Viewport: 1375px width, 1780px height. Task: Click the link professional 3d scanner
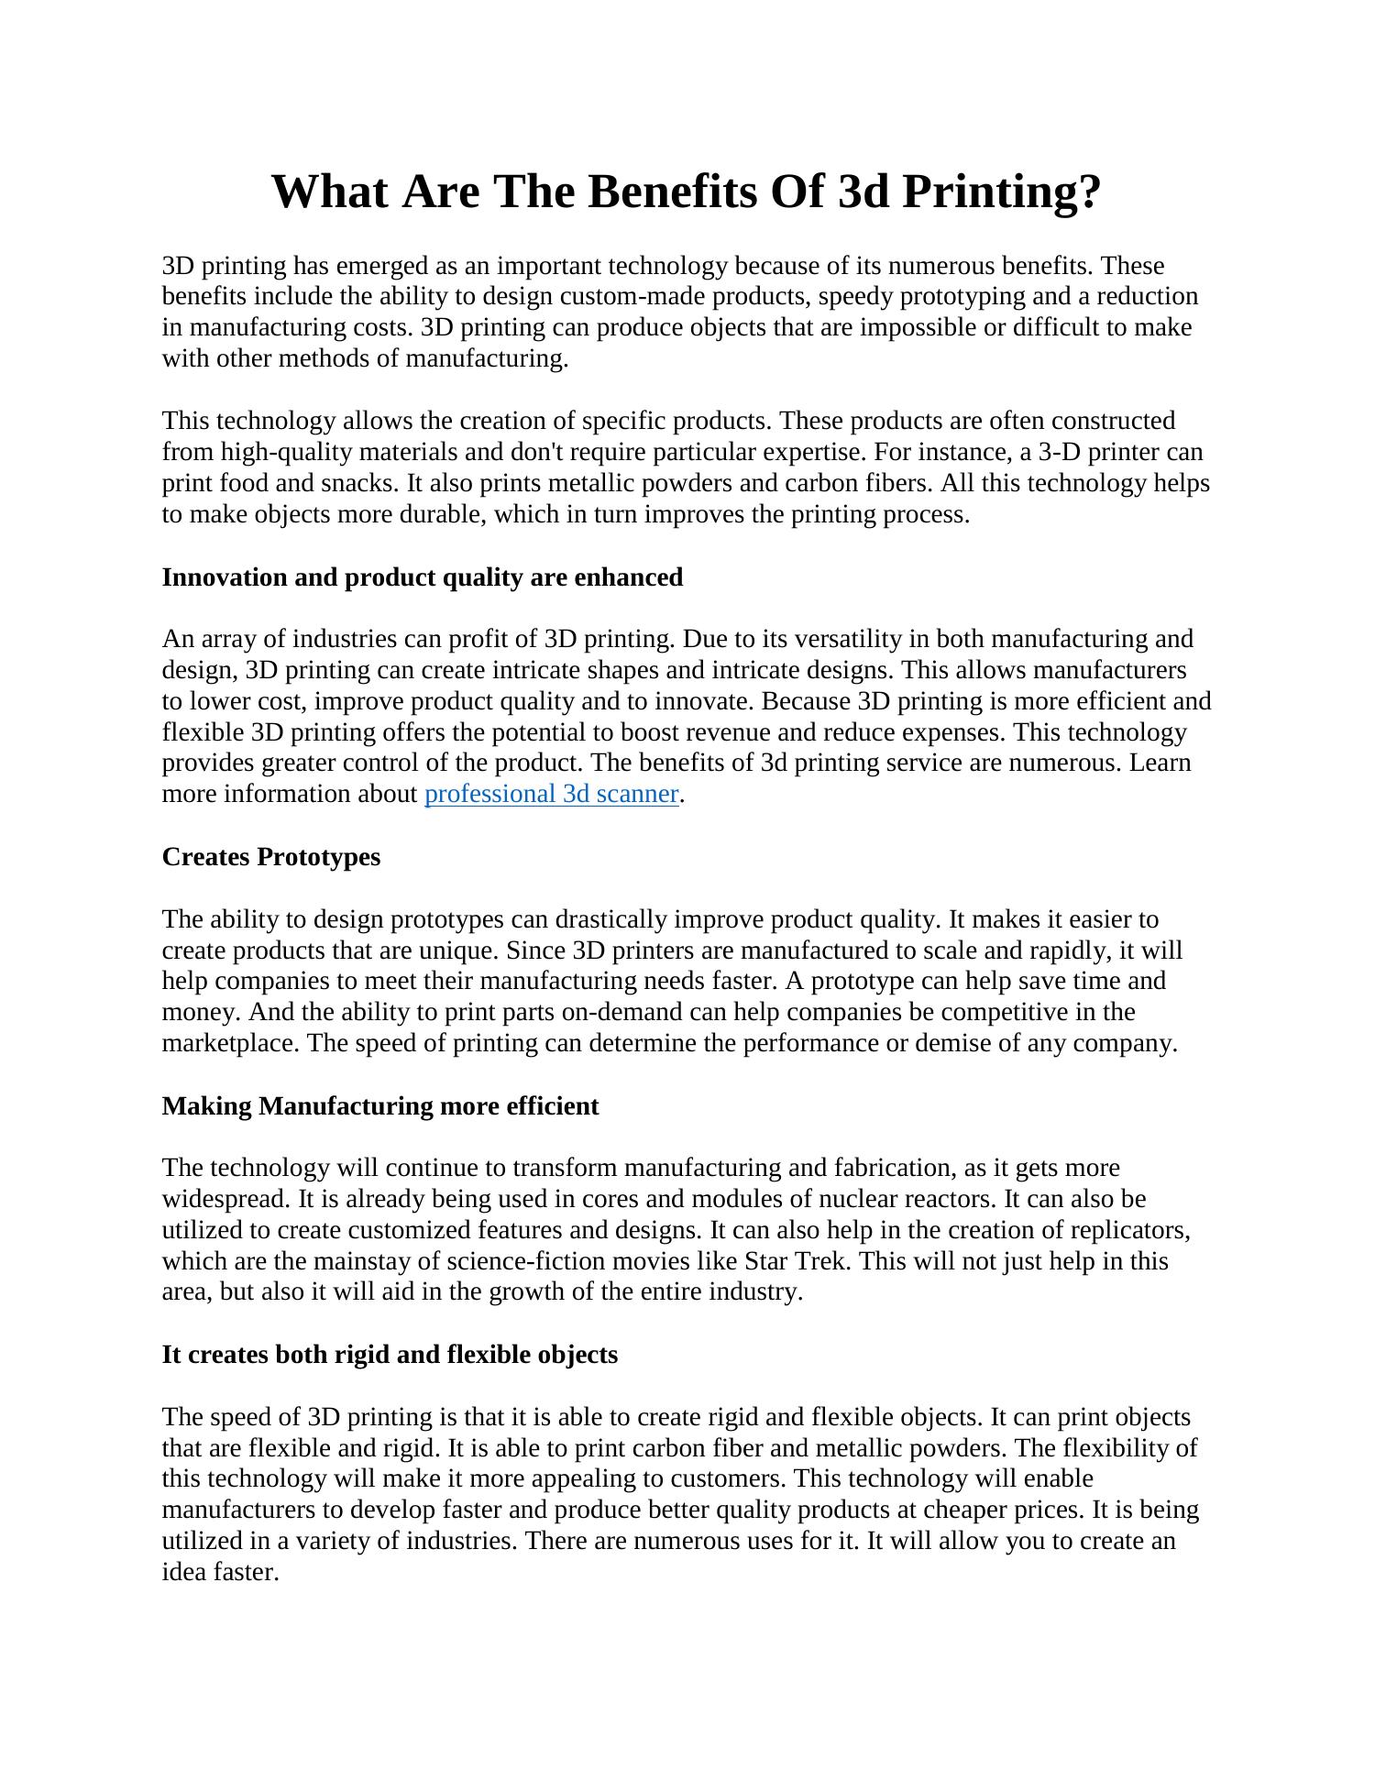pos(551,794)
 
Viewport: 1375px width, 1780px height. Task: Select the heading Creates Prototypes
pos(270,857)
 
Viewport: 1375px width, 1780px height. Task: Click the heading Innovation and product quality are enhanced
pos(422,577)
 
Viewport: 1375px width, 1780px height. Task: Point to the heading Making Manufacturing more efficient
pos(379,1106)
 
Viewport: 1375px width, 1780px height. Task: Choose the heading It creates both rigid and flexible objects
pos(390,1355)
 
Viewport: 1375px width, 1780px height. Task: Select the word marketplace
pos(229,1043)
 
